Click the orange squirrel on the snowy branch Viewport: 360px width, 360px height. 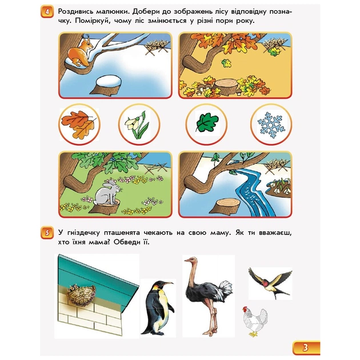click(80, 53)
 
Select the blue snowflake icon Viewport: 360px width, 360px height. click(271, 125)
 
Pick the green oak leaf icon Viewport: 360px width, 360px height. click(207, 123)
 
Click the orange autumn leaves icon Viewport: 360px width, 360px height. click(79, 124)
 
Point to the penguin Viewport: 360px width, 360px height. click(158, 308)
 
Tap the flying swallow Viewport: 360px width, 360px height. click(270, 282)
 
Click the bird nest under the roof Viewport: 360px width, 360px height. click(81, 295)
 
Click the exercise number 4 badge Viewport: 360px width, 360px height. click(47, 11)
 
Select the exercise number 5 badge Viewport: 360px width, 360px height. click(47, 233)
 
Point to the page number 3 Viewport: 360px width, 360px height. click(305, 347)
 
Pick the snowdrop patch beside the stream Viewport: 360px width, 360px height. click(279, 186)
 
